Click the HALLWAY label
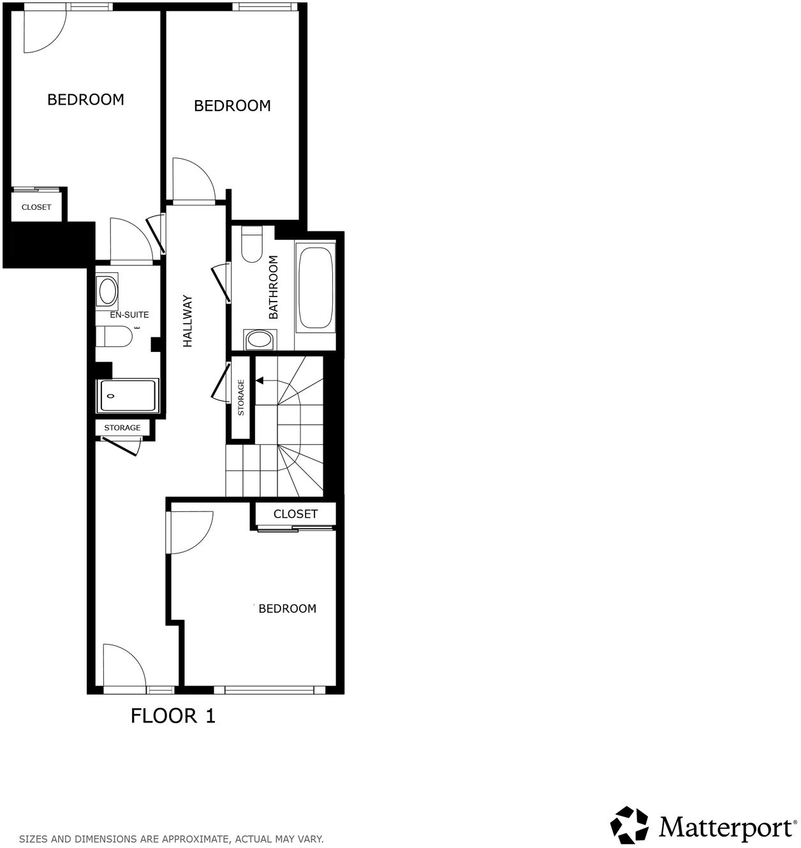coord(187,321)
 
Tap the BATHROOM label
coord(274,287)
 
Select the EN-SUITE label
coord(129,314)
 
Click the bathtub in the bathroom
coord(316,287)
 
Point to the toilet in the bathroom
coord(253,245)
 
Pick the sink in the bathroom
coord(259,339)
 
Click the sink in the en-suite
coord(107,291)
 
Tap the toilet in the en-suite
coord(114,336)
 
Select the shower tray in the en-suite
coord(127,396)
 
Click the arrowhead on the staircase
coord(260,381)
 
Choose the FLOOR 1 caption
coord(173,715)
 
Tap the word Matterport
coord(726,828)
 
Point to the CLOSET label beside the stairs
coord(295,514)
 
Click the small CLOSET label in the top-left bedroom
coord(36,207)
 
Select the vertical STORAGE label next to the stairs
coord(241,397)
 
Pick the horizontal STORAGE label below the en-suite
coord(122,427)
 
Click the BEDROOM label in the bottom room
coord(288,608)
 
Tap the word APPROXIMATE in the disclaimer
coord(189,839)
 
